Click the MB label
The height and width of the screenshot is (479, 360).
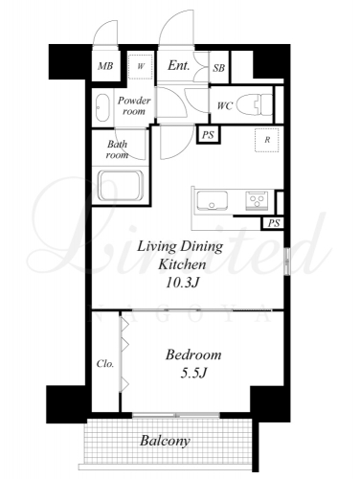pyautogui.click(x=105, y=66)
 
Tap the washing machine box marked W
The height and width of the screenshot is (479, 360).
pyautogui.click(x=141, y=66)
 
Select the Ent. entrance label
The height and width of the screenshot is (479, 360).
pyautogui.click(x=179, y=65)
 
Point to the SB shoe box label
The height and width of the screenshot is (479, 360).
pyautogui.click(x=219, y=68)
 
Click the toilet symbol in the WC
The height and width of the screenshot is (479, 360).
pyautogui.click(x=256, y=104)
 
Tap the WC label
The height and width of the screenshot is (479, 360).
pyautogui.click(x=225, y=105)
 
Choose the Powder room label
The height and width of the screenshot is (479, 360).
pyautogui.click(x=134, y=105)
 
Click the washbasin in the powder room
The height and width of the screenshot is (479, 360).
pyautogui.click(x=102, y=107)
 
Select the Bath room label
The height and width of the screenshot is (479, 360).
pyautogui.click(x=117, y=149)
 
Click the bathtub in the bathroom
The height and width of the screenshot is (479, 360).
pyautogui.click(x=121, y=186)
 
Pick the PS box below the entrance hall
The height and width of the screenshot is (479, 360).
pyautogui.click(x=208, y=134)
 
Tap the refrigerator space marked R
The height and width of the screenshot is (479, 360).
pyautogui.click(x=267, y=140)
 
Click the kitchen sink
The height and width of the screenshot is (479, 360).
pyautogui.click(x=212, y=200)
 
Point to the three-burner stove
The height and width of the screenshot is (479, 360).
pyautogui.click(x=257, y=200)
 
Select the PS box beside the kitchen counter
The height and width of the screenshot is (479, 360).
pyautogui.click(x=273, y=223)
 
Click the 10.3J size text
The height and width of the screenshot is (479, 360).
pyautogui.click(x=183, y=283)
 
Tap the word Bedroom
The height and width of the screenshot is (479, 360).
pyautogui.click(x=193, y=354)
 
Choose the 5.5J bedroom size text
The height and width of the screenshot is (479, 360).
pyautogui.click(x=194, y=373)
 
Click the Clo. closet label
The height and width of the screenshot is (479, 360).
pyautogui.click(x=105, y=363)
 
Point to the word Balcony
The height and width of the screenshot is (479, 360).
pyautogui.click(x=165, y=441)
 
